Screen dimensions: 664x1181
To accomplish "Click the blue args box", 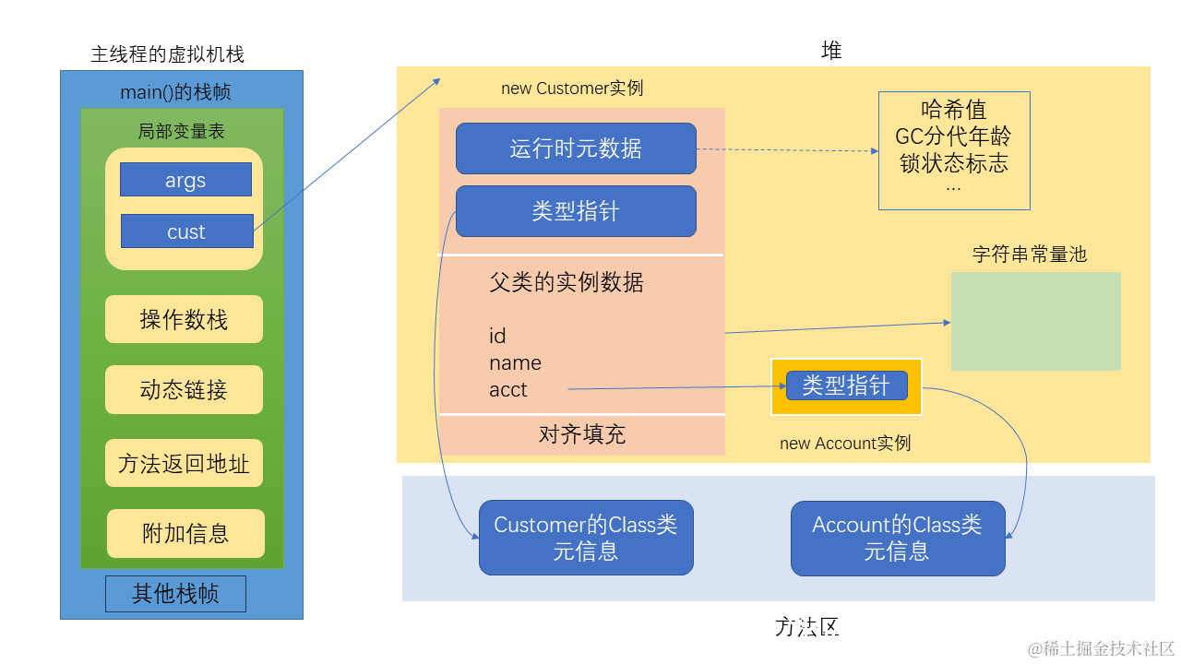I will (x=185, y=180).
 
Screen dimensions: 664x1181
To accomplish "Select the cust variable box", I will (x=186, y=231).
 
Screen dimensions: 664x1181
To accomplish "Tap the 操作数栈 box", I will (x=184, y=319).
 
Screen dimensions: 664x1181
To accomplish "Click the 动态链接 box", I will (x=184, y=389).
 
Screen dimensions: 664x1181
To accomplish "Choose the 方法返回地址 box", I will (x=184, y=463).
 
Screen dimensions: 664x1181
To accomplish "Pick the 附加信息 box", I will (x=185, y=533).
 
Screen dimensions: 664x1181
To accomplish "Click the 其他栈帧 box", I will (x=175, y=594).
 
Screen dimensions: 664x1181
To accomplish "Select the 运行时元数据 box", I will (x=576, y=148).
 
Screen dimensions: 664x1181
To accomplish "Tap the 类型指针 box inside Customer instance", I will (x=576, y=211).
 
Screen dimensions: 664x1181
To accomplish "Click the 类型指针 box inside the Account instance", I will (x=846, y=385).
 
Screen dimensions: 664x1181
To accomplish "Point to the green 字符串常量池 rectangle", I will (x=1035, y=321).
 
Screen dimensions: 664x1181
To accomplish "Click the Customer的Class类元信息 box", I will (x=586, y=538).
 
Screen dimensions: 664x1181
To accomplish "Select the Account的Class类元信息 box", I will (x=897, y=538).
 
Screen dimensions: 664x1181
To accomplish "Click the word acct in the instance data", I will (x=508, y=390).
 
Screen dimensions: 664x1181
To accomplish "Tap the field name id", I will (x=497, y=336).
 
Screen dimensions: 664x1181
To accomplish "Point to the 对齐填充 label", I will (x=581, y=434).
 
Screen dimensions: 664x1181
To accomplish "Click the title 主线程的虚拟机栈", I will (x=167, y=54).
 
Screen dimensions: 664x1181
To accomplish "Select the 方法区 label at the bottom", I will (x=807, y=628).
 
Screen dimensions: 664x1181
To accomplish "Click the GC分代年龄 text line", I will (x=953, y=136).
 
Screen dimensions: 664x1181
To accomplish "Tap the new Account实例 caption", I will (x=844, y=444).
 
